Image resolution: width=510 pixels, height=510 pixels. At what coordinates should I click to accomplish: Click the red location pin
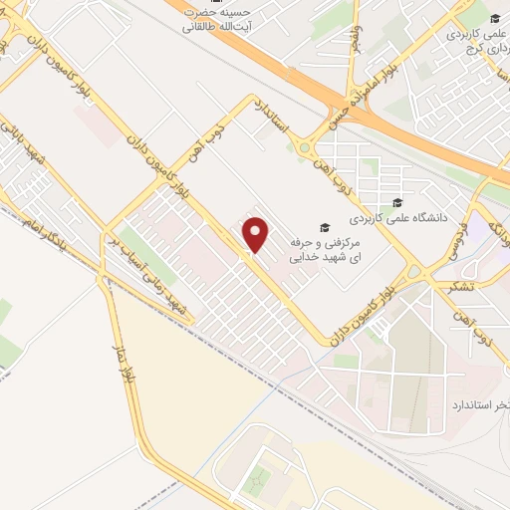(x=257, y=235)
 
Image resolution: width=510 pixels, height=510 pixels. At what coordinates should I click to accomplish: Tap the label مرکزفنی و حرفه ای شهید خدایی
(x=323, y=250)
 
